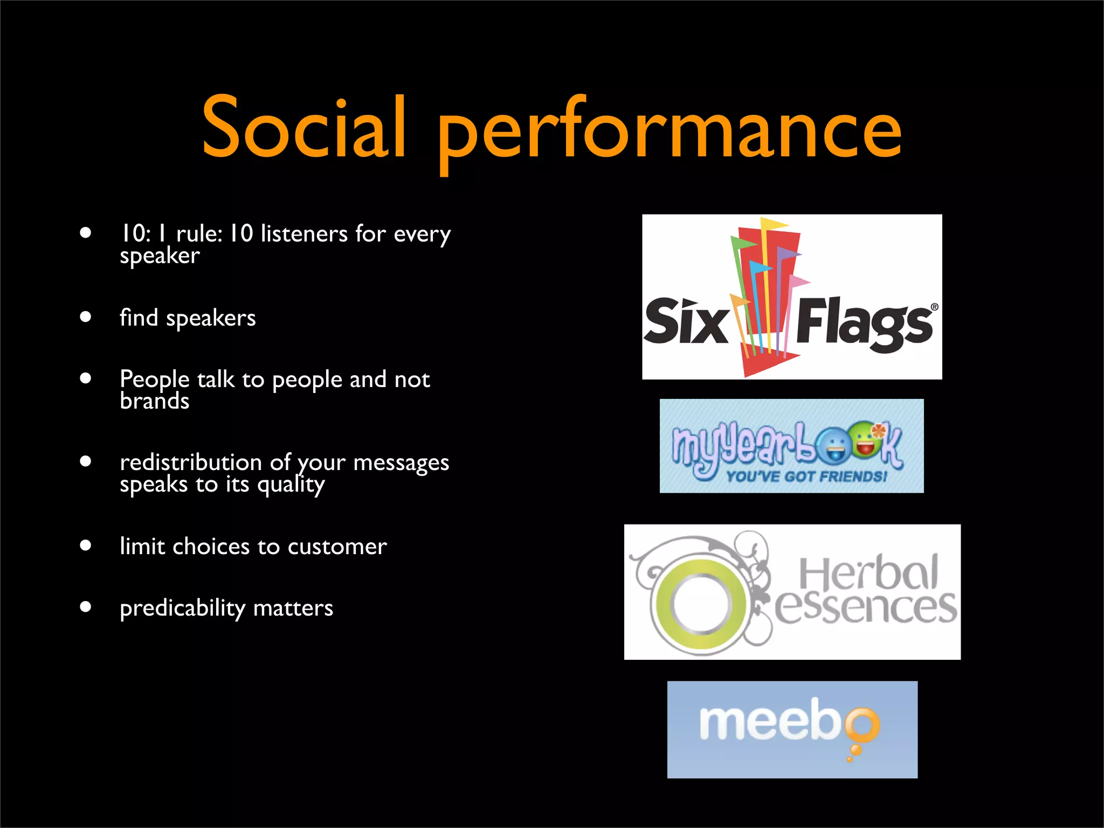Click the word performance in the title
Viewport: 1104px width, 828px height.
pos(670,132)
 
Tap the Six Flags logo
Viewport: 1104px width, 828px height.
pos(791,297)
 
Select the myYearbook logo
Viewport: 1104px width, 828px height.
pos(791,446)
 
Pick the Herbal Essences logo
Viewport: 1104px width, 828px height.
pos(792,591)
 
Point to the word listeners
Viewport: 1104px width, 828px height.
pos(304,233)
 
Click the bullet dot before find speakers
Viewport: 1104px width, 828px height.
pos(85,316)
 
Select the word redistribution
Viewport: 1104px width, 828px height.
pos(191,463)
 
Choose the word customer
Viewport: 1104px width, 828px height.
pos(337,547)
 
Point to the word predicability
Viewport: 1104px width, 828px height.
pos(183,609)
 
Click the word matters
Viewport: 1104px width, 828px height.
pos(293,608)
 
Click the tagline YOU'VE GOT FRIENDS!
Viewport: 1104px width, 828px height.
pos(806,477)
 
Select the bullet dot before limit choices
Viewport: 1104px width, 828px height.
pos(85,545)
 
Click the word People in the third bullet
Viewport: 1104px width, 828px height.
pos(154,379)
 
